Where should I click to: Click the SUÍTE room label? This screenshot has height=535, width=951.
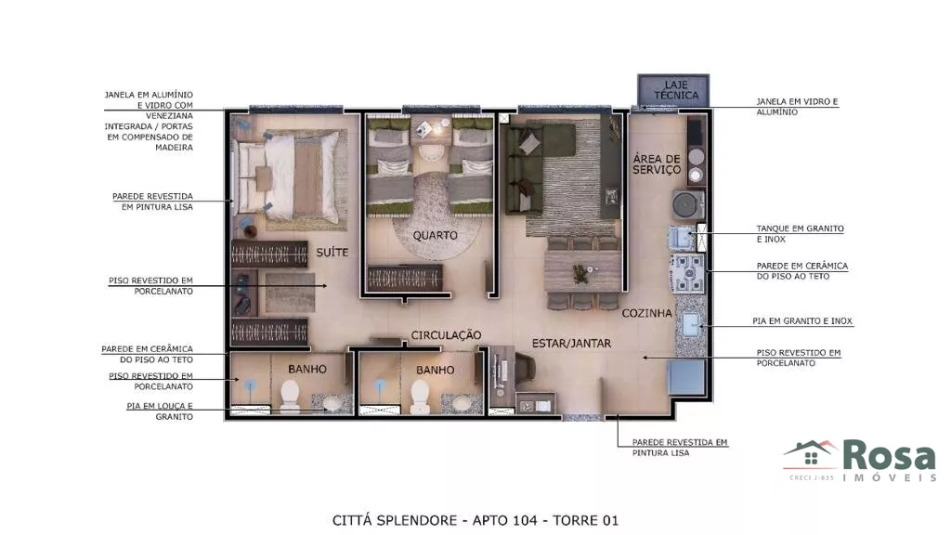(332, 252)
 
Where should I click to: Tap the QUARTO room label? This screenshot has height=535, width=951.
(435, 235)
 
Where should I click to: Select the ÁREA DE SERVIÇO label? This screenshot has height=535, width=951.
(657, 164)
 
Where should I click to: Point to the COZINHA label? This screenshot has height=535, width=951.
(646, 313)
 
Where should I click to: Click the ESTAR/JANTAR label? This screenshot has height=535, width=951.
(571, 344)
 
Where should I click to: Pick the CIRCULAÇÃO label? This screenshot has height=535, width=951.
(446, 334)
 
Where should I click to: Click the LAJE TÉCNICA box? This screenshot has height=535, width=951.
(673, 90)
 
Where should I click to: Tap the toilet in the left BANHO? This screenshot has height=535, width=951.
(290, 396)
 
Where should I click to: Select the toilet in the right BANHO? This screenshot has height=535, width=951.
(420, 396)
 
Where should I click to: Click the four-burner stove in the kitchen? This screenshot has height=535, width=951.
(688, 274)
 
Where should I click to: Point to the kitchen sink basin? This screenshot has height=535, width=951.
(691, 324)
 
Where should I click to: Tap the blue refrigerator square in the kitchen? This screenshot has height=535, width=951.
(686, 377)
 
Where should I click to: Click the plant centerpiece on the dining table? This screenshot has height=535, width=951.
(581, 273)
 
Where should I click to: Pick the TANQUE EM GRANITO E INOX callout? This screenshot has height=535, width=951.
(800, 233)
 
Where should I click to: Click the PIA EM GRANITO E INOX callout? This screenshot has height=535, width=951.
(801, 320)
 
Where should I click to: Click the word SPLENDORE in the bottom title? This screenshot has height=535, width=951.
(417, 520)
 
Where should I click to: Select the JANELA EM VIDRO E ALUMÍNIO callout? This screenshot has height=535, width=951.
(796, 107)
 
